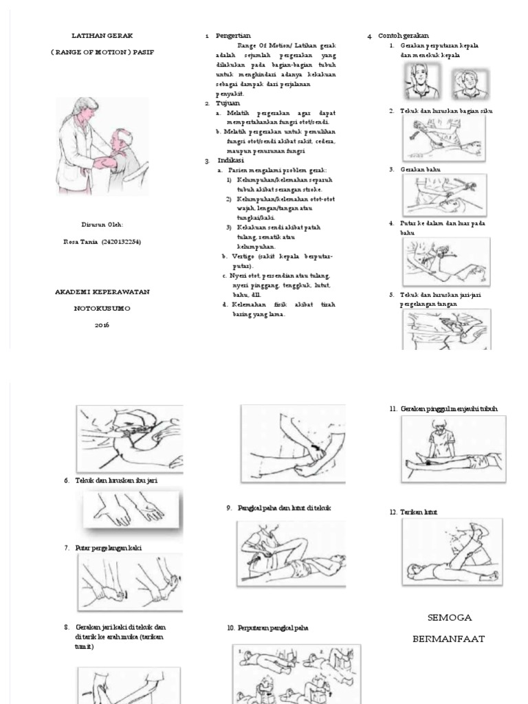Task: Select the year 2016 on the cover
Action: tap(102, 324)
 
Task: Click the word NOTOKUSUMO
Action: tap(102, 308)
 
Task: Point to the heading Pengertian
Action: tap(233, 35)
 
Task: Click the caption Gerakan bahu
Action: tap(420, 169)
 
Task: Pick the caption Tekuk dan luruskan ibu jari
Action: tap(116, 480)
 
